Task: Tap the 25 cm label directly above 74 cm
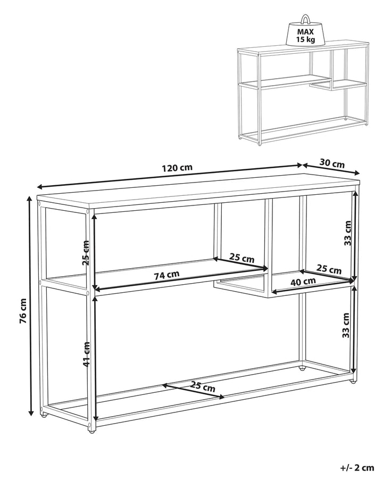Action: [x=242, y=258]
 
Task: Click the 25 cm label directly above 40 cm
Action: [x=329, y=270]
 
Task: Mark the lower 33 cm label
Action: [x=346, y=325]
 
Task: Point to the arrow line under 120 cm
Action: [x=170, y=177]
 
